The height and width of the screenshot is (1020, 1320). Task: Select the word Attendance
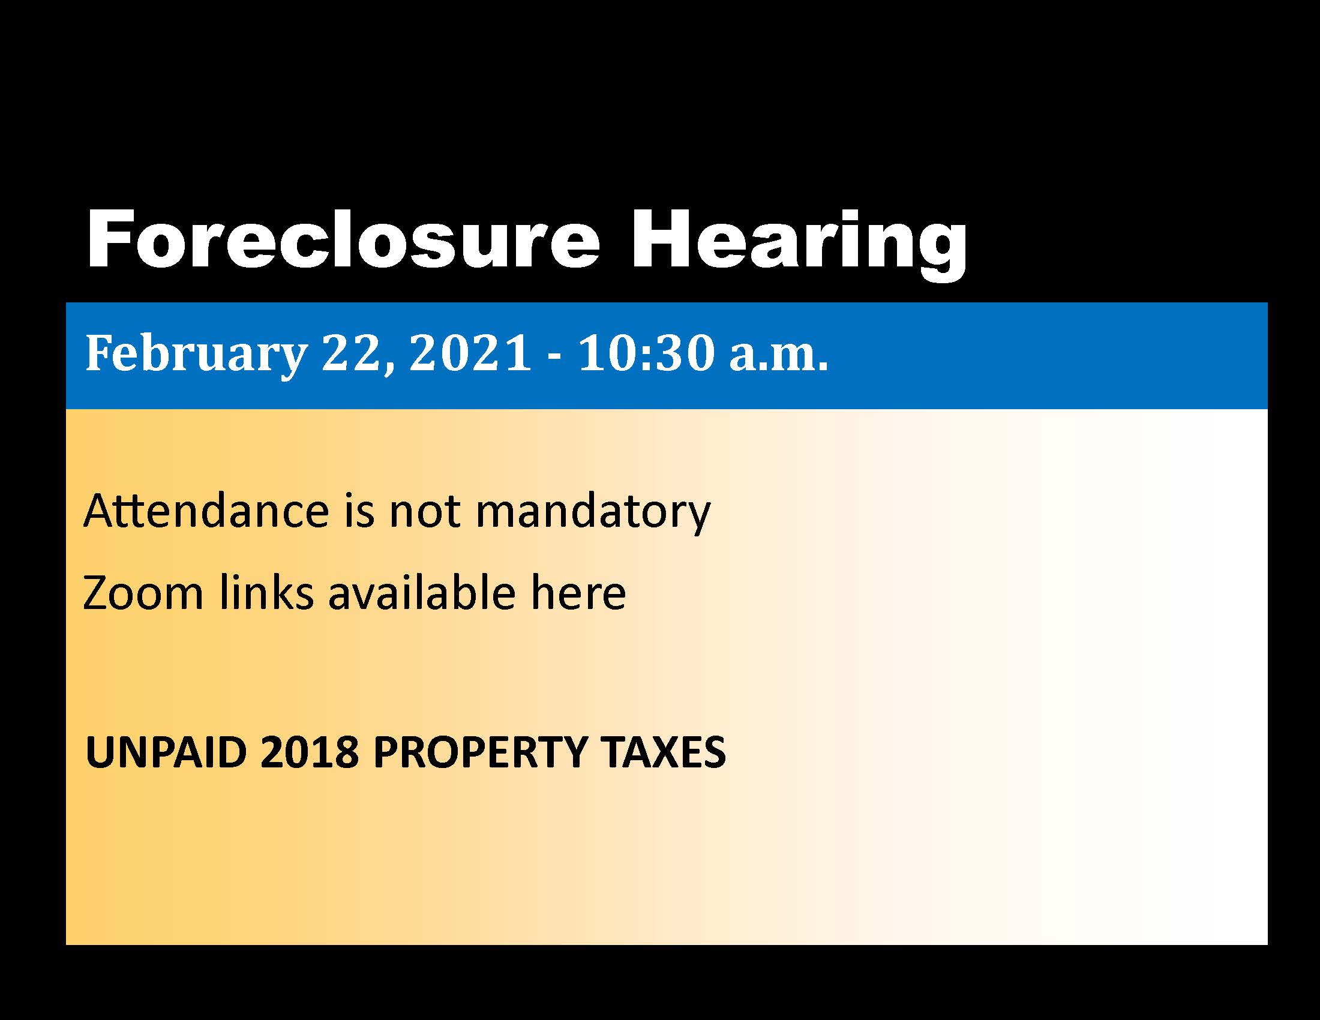tap(206, 511)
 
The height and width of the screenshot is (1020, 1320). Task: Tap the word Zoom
tap(143, 593)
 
